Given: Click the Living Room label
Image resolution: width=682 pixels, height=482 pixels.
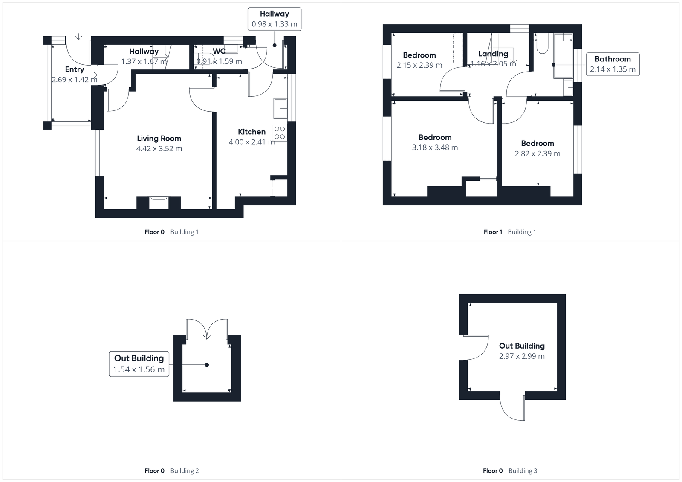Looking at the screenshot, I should point(159,138).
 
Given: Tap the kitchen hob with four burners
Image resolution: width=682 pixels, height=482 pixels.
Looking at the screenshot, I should point(280,133).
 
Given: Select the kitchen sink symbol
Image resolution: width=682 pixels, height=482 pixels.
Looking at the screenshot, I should point(280,108).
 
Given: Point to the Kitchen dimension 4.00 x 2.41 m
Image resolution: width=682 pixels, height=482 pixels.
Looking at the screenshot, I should point(251,142).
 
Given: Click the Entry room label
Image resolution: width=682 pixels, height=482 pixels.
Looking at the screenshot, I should point(75,69).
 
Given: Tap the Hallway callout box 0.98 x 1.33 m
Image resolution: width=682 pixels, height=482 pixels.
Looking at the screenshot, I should point(275,19).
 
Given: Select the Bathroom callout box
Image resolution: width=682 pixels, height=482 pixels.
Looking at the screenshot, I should point(613,64).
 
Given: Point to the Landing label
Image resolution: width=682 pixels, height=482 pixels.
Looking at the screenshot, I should point(493,54).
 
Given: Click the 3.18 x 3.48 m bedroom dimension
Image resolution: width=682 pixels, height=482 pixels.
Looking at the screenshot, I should point(435,147).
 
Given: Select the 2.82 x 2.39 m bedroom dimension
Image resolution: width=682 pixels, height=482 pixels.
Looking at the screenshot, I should point(538,154).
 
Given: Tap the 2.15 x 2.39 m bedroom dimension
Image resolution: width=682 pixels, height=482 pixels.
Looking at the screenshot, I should point(419,65).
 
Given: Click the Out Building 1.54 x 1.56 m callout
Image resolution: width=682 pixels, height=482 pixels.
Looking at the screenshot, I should point(139,364).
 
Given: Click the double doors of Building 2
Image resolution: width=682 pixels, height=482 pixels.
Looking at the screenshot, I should point(207,329).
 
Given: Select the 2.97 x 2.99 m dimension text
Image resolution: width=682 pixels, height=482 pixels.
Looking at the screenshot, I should point(522,356).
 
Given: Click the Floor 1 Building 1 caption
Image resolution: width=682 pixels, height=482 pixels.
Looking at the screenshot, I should point(510,232).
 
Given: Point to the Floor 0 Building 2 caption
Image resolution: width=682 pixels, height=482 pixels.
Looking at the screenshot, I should point(172,471).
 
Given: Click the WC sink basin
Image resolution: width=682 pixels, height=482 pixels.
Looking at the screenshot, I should point(231,48).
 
